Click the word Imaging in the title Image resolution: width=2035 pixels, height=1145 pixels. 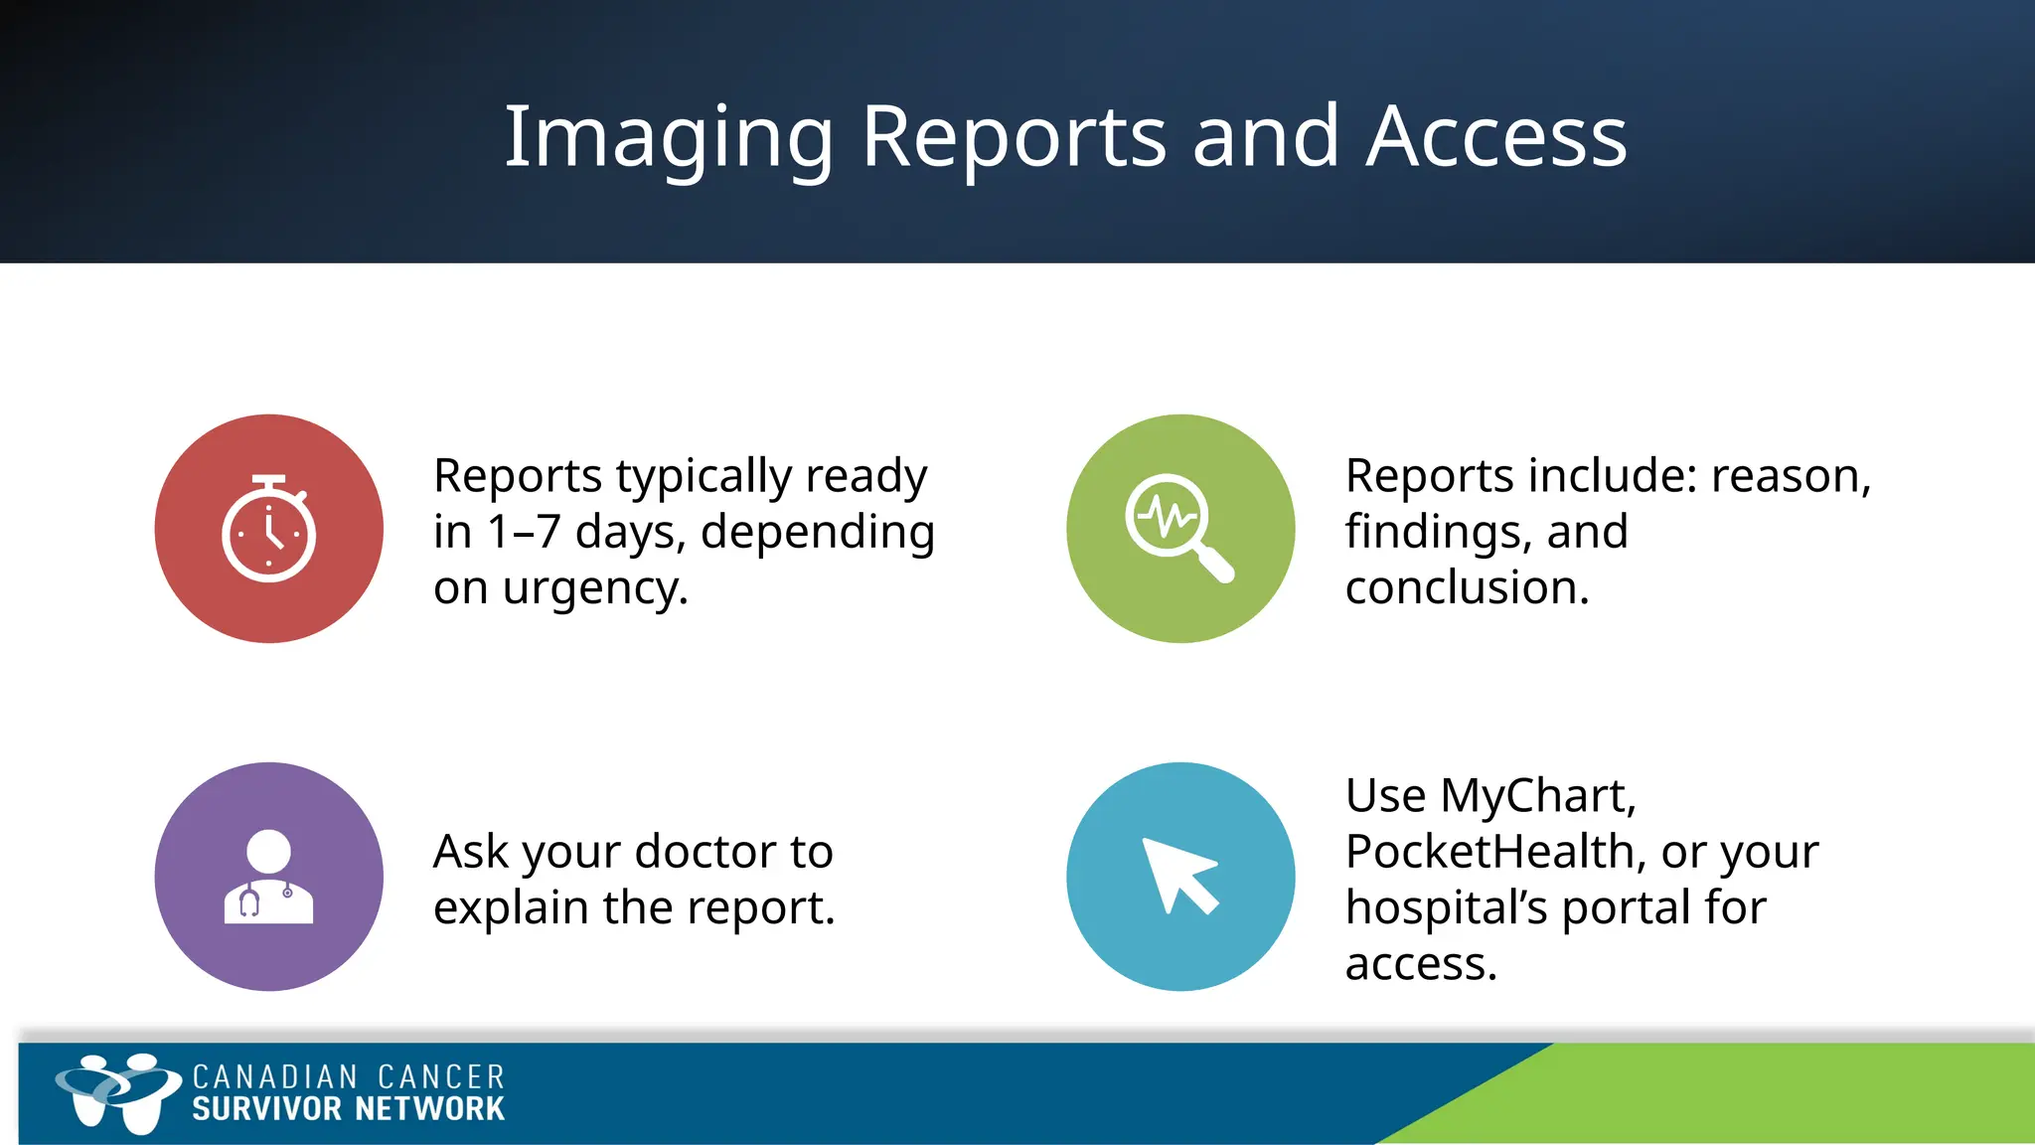pos(668,139)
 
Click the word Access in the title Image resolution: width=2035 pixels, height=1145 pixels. pos(1496,137)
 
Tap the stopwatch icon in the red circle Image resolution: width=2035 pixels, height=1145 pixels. pos(268,530)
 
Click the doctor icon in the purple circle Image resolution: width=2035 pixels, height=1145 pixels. pos(268,877)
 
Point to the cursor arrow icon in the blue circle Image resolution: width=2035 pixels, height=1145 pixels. pos(1179,876)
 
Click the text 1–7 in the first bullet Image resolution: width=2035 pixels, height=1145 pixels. pos(524,532)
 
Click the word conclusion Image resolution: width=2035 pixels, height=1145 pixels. pos(1467,587)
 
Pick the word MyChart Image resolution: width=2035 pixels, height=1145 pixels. pos(1537,796)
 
